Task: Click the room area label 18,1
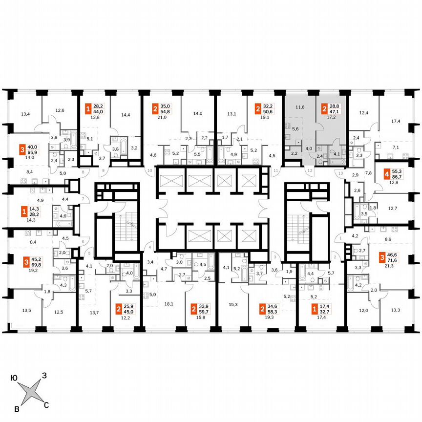coord(169,304)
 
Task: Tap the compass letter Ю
coord(15,377)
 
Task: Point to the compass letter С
coord(46,405)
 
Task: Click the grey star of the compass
coord(30,391)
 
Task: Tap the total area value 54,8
coord(167,110)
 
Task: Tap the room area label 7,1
coord(396,147)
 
